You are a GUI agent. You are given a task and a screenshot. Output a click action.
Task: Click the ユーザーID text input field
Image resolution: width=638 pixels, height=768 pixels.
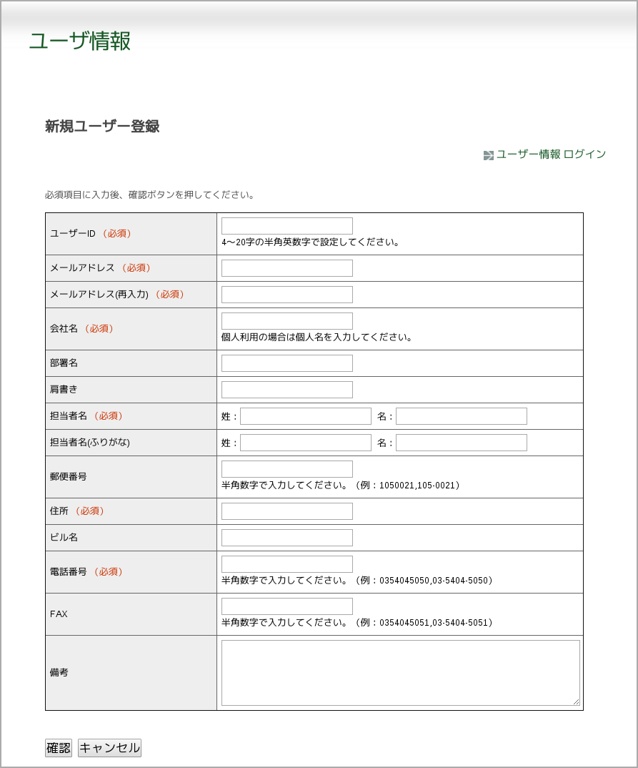[x=286, y=226]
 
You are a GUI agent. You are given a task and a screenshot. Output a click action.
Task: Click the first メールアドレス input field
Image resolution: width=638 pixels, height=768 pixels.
[x=286, y=268]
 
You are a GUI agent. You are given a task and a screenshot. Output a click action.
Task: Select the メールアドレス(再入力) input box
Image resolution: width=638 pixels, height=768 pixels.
[x=286, y=295]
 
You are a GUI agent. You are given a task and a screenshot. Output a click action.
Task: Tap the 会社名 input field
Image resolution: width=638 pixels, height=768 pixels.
[x=286, y=321]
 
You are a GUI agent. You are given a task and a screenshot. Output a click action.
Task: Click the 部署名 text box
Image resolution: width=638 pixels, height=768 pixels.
[x=286, y=363]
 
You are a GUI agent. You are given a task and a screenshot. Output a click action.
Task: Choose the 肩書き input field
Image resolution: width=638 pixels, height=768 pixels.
[x=286, y=390]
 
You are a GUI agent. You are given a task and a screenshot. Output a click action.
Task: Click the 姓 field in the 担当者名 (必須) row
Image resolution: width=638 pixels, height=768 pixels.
[x=305, y=416]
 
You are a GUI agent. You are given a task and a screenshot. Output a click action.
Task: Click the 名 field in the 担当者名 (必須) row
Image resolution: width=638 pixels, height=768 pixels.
[x=461, y=416]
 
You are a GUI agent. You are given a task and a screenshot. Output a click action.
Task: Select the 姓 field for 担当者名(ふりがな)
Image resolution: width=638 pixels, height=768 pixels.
[x=305, y=443]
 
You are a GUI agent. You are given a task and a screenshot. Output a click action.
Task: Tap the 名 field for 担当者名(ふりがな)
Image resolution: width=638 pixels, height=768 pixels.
[x=461, y=443]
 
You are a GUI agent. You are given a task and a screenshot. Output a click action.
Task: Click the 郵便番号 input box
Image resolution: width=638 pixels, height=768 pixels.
[x=286, y=469]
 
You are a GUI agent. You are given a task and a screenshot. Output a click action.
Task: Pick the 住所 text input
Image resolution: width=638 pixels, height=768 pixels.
[x=286, y=511]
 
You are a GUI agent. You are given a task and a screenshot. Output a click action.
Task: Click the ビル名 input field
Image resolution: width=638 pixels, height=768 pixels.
[x=286, y=538]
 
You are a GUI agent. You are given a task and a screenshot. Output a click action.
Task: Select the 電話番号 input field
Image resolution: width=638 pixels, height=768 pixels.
[x=286, y=564]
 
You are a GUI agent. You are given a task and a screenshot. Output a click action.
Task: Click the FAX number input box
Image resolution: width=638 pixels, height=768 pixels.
[x=286, y=606]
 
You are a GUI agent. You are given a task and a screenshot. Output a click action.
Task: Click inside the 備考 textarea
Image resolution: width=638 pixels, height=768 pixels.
[x=400, y=673]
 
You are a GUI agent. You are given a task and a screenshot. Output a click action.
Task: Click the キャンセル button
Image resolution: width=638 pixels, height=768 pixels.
[x=109, y=748]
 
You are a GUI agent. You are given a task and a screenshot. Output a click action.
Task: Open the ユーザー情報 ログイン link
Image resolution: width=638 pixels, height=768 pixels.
[x=550, y=154]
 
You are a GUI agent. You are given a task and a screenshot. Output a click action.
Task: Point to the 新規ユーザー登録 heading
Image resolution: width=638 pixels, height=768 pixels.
[x=102, y=127]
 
